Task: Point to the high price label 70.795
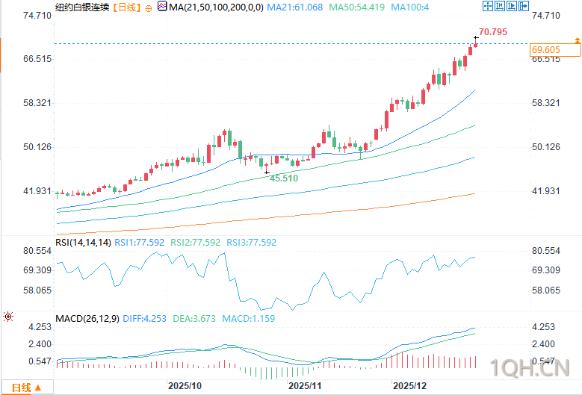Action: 493,32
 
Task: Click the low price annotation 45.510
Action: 284,178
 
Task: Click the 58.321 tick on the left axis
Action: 37,103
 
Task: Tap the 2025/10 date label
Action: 184,386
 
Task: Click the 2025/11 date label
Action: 304,386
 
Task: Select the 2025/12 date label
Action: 410,386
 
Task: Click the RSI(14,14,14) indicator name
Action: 84,242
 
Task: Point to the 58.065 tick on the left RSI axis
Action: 37,290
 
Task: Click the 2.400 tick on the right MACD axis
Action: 543,344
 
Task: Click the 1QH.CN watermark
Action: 531,367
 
